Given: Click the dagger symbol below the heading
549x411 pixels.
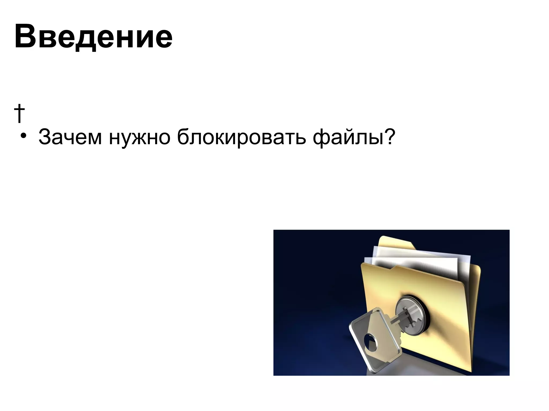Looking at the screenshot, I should click(19, 113).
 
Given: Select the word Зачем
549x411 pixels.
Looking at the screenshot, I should click(70, 137).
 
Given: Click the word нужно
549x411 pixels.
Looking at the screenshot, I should click(139, 137).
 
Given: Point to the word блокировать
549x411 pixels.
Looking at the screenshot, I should click(241, 137).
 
